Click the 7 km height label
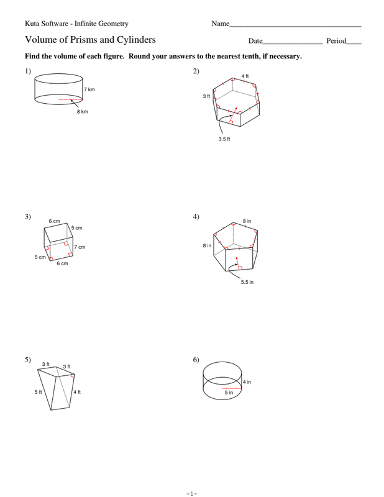pyautogui.click(x=89, y=89)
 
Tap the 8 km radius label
pyautogui.click(x=83, y=112)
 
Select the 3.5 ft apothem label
pyautogui.click(x=224, y=139)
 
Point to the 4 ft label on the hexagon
pyautogui.click(x=245, y=76)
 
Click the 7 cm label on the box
pyautogui.click(x=80, y=247)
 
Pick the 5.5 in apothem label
pyautogui.click(x=247, y=282)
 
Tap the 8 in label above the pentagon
pyautogui.click(x=247, y=221)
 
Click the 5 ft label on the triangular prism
pyautogui.click(x=38, y=392)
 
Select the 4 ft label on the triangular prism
pyautogui.click(x=77, y=392)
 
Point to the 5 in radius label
pyautogui.click(x=229, y=393)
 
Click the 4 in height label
pyautogui.click(x=247, y=382)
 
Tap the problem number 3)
pyautogui.click(x=28, y=216)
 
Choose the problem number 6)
pyautogui.click(x=196, y=360)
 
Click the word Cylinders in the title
pyautogui.click(x=136, y=40)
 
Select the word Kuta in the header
pyautogui.click(x=32, y=24)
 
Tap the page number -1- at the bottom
pyautogui.click(x=192, y=493)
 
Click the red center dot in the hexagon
pyautogui.click(x=236, y=108)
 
